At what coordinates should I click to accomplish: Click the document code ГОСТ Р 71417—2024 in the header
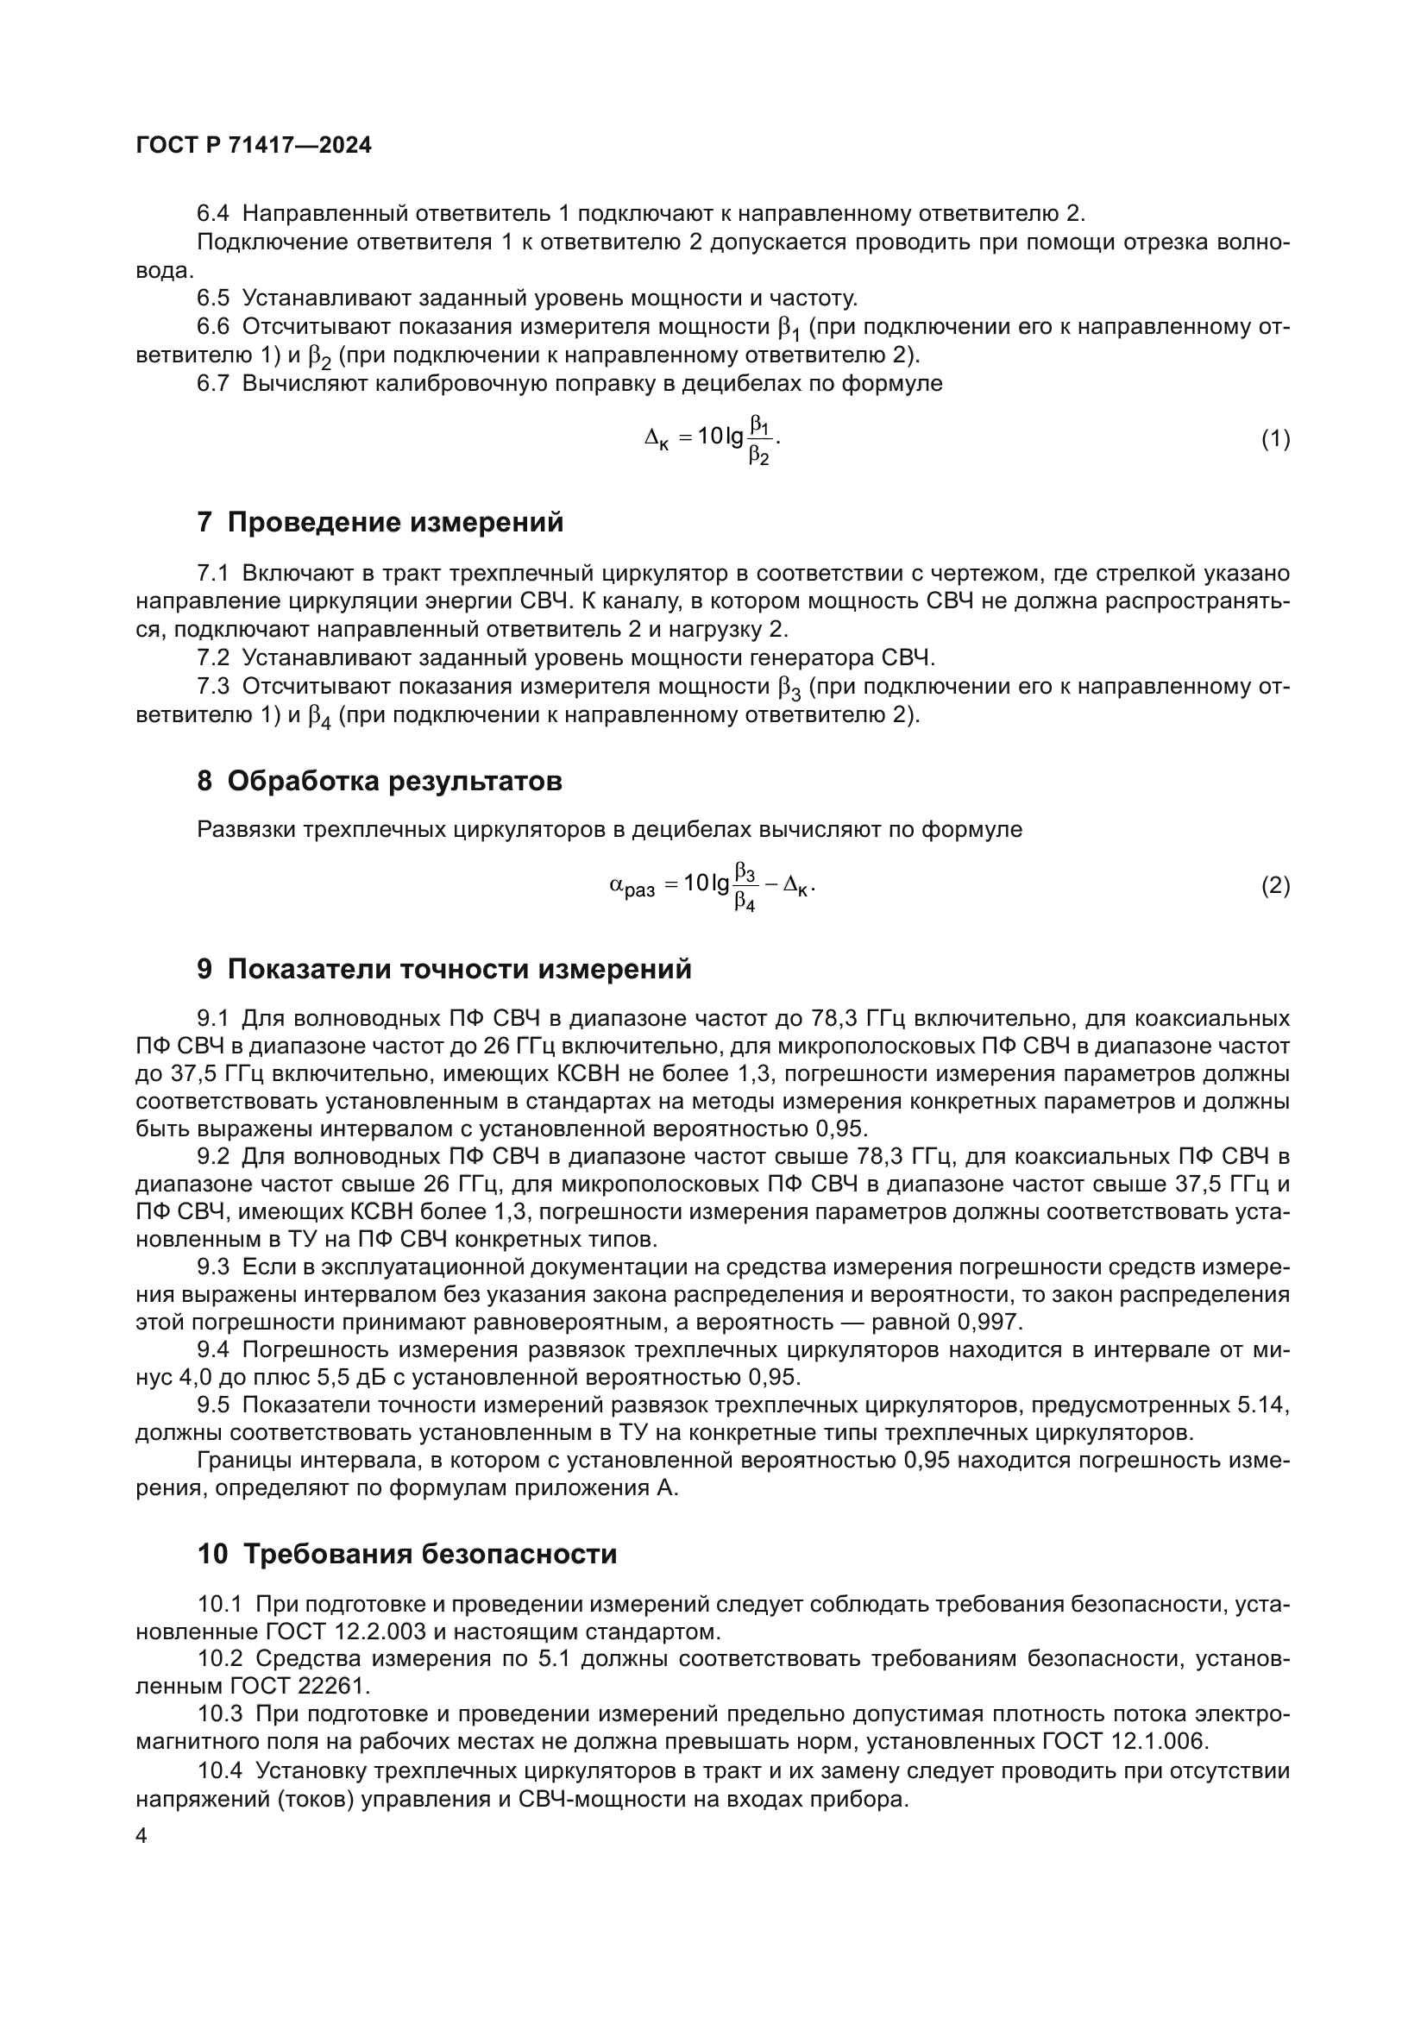pyautogui.click(x=254, y=146)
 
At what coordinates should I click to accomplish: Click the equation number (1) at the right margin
pyautogui.click(x=1275, y=438)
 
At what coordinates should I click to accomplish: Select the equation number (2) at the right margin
pyautogui.click(x=1275, y=886)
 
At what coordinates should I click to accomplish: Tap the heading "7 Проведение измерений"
pyautogui.click(x=380, y=522)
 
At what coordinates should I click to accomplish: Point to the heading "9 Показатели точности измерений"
pyautogui.click(x=443, y=969)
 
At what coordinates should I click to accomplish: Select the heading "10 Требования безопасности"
pyautogui.click(x=407, y=1554)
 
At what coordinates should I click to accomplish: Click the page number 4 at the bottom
pyautogui.click(x=142, y=1837)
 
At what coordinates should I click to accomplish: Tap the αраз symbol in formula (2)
pyautogui.click(x=632, y=887)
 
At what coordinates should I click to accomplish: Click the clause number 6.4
pyautogui.click(x=212, y=214)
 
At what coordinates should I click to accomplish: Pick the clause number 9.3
pyautogui.click(x=212, y=1267)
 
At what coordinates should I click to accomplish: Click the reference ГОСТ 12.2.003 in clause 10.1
pyautogui.click(x=345, y=1632)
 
